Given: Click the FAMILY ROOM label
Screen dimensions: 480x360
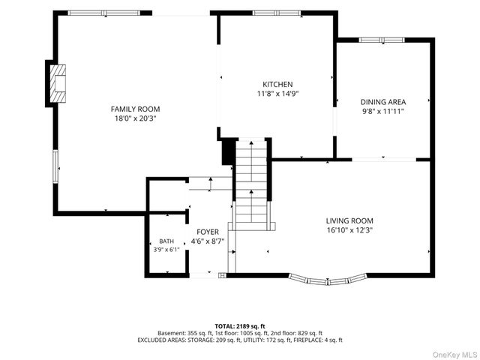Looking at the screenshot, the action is point(135,109).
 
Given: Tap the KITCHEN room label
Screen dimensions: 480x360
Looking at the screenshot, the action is point(277,84).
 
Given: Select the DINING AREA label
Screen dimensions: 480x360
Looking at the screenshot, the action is point(383,102).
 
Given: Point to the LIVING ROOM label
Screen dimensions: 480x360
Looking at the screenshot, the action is point(349,220).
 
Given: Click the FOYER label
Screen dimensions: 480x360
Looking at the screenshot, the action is point(208,232).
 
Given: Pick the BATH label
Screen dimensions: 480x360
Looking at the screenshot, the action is point(166,241).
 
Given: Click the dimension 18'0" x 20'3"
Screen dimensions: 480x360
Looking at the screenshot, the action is point(135,118).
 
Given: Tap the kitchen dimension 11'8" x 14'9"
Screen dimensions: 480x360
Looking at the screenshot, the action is point(277,93).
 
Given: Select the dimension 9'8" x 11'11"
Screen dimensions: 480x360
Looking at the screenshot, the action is point(383,111).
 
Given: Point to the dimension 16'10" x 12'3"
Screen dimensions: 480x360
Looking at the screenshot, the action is point(349,230).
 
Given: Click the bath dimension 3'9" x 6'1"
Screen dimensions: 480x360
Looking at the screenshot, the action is point(166,250).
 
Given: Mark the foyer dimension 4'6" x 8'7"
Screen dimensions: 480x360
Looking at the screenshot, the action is point(208,241).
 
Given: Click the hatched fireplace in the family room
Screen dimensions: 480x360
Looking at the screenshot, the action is point(58,83).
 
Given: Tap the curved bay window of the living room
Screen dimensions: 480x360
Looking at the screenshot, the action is point(328,280).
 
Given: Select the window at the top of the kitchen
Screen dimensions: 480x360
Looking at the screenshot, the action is point(277,13).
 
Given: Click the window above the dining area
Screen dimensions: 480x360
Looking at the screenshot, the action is point(382,40).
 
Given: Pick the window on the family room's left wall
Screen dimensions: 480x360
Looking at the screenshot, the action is point(55,166).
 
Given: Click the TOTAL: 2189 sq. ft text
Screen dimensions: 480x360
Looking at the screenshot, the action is point(240,326).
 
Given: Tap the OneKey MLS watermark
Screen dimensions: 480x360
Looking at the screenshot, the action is point(454,355).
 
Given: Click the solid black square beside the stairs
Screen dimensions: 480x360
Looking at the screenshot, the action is point(228,151).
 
